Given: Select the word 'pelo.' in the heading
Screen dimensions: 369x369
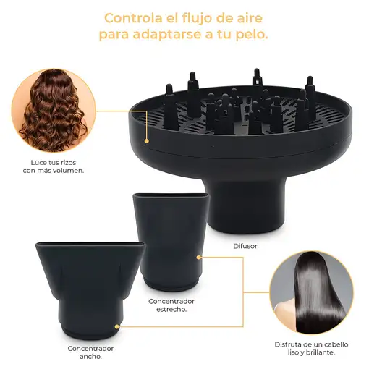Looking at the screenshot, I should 247,35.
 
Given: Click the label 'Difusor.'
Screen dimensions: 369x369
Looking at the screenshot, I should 245,245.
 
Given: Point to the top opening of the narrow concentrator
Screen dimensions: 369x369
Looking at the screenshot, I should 167,196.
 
